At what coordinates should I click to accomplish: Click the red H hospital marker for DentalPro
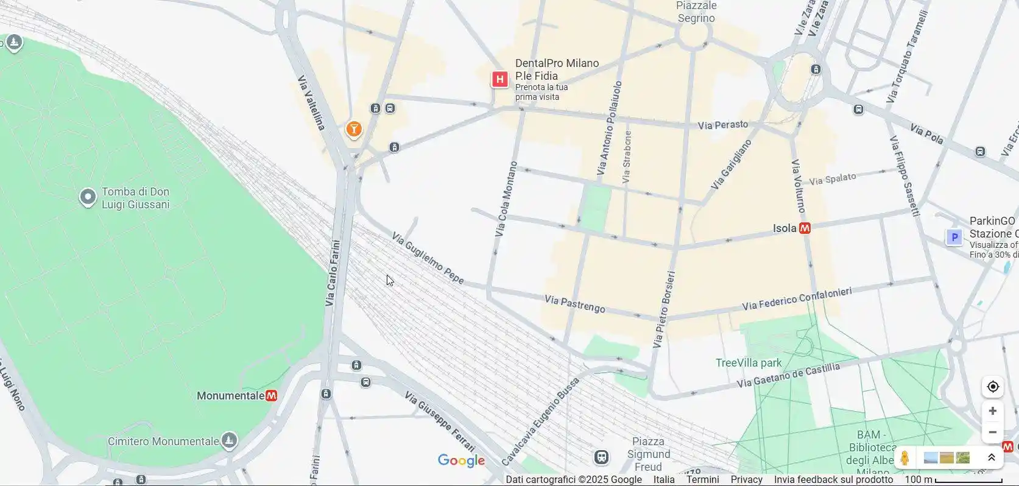click(x=500, y=79)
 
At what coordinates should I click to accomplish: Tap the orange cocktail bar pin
click(x=354, y=129)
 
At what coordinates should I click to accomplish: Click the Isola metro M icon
click(x=805, y=228)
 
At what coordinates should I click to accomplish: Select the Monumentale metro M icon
click(x=272, y=396)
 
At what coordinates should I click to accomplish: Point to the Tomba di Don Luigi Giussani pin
click(x=88, y=197)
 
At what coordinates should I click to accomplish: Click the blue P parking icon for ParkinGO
click(x=954, y=237)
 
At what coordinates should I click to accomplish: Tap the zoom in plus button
click(x=992, y=411)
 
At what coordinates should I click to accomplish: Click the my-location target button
click(x=992, y=387)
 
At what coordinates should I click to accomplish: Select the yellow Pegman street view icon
click(x=904, y=458)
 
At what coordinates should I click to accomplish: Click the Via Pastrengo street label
click(x=574, y=304)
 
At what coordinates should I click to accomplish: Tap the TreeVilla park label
click(x=749, y=363)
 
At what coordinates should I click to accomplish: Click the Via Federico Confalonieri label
click(x=797, y=298)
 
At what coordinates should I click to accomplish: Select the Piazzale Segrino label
click(x=696, y=12)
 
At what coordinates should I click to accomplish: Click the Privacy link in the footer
click(x=746, y=479)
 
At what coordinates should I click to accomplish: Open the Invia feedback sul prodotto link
click(x=833, y=479)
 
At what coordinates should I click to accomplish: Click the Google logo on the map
click(x=461, y=461)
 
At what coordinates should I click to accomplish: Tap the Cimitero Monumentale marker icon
click(x=229, y=440)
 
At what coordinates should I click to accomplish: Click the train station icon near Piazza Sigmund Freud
click(x=601, y=457)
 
